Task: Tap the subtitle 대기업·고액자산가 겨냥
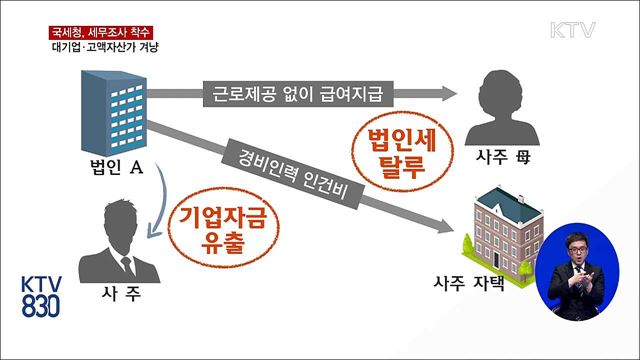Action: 103,47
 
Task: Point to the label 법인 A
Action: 111,169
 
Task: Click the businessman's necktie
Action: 126,266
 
